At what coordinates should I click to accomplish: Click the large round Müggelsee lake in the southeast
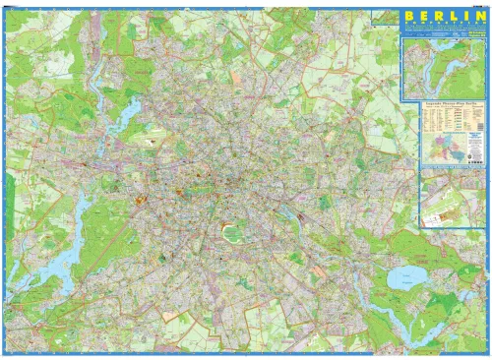pos(404,277)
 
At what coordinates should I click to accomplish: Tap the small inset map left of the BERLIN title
pos(385,19)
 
